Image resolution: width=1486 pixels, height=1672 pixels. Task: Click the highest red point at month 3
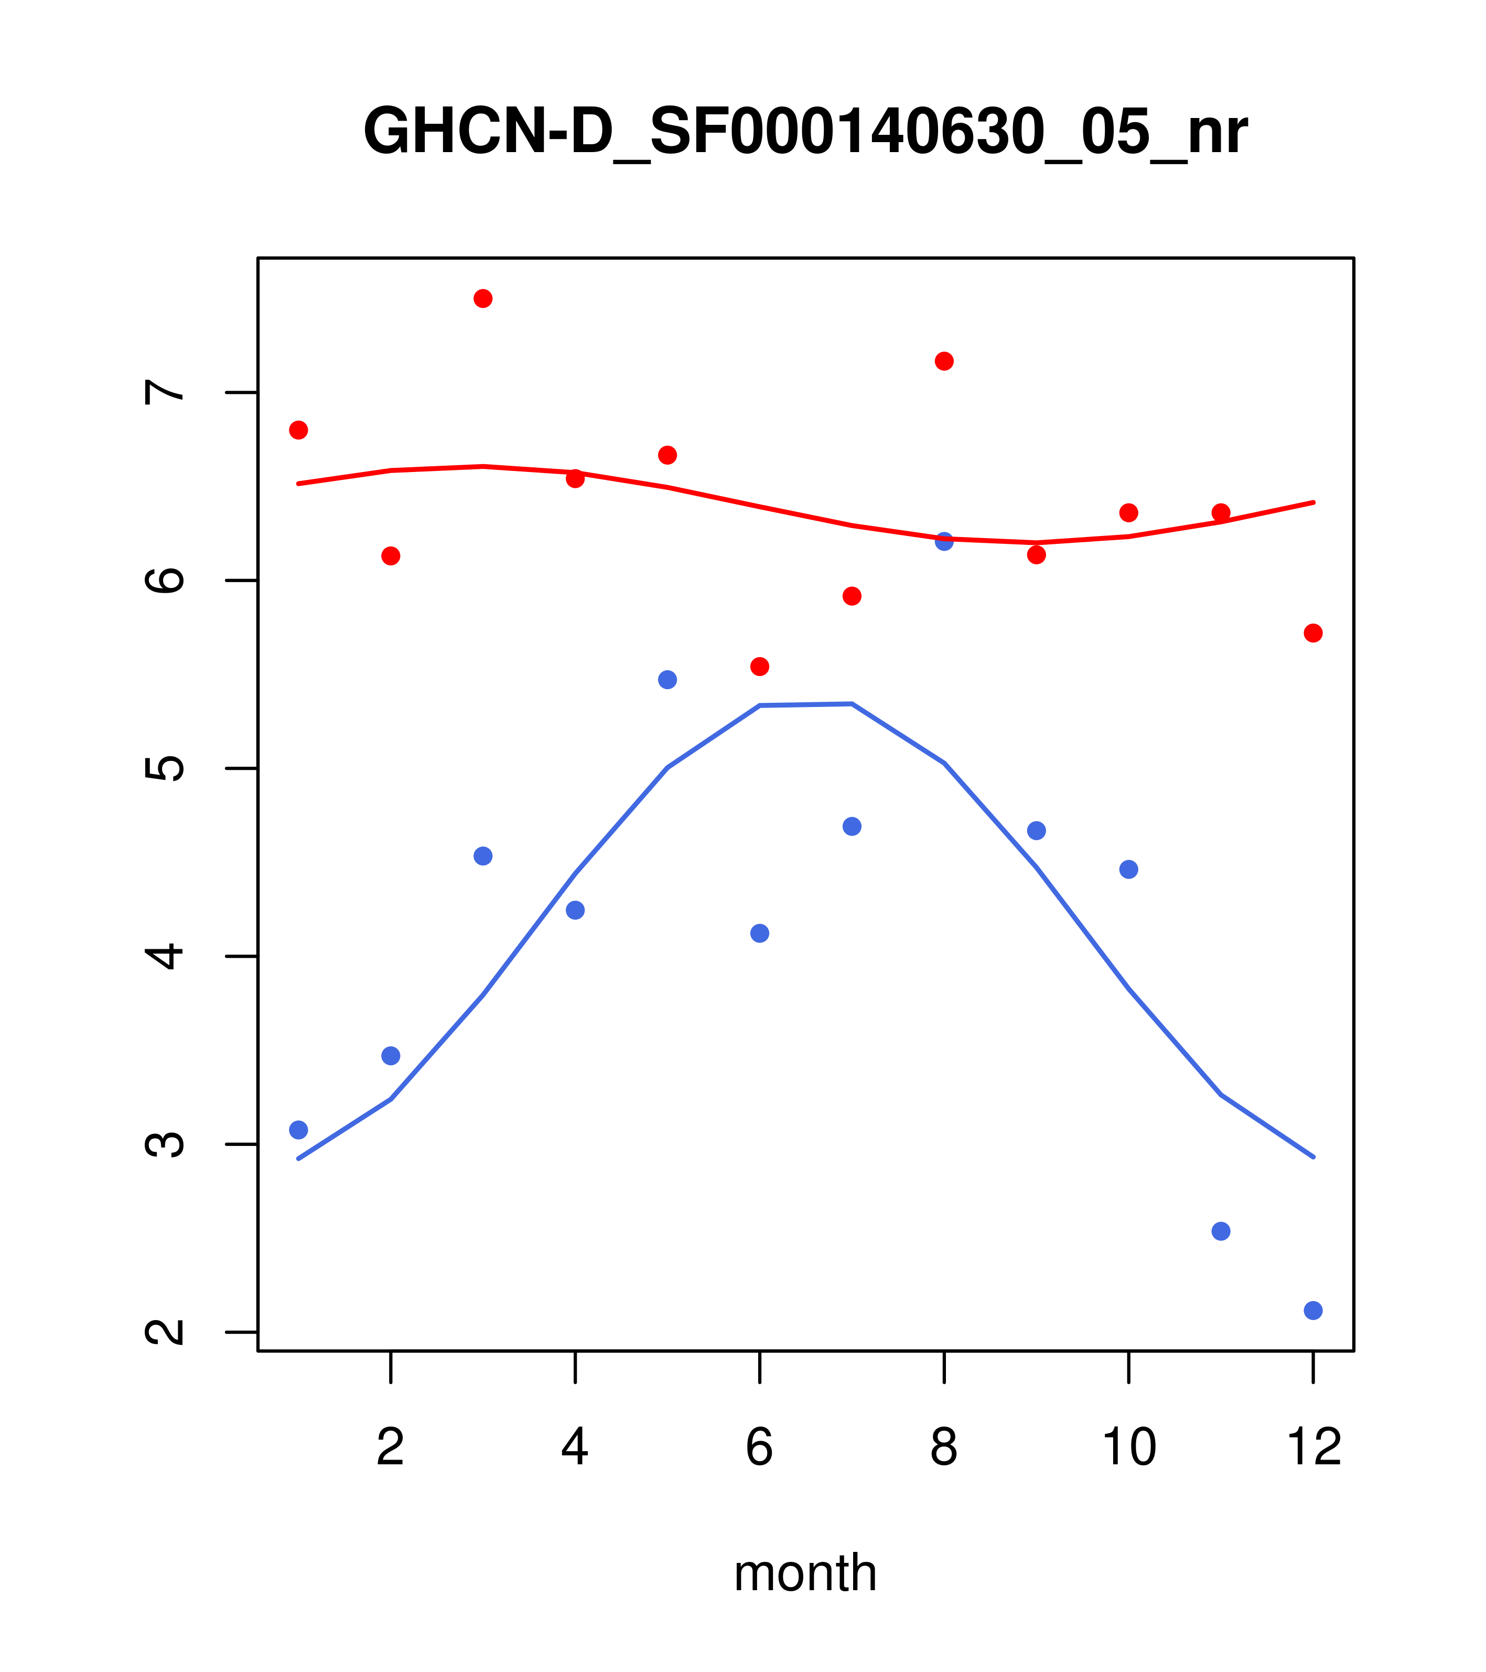482,298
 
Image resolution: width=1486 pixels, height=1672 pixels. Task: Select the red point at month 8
944,361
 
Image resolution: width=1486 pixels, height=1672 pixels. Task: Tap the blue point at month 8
944,542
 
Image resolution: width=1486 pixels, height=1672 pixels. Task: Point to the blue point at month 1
298,1130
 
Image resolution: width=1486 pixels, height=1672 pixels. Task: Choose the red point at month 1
298,430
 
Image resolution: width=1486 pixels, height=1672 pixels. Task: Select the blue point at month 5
667,680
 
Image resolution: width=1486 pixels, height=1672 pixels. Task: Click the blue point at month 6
760,934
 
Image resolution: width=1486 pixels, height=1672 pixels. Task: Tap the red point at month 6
760,667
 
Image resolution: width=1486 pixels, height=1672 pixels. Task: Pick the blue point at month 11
1221,1231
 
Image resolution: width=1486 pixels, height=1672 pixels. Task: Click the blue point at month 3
482,856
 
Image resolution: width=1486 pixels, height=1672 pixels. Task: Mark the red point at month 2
391,556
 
